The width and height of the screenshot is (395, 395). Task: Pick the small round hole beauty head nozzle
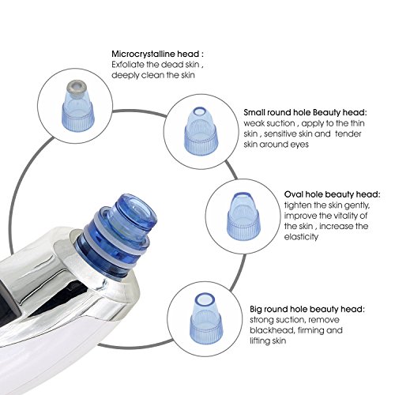coord(197,129)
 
